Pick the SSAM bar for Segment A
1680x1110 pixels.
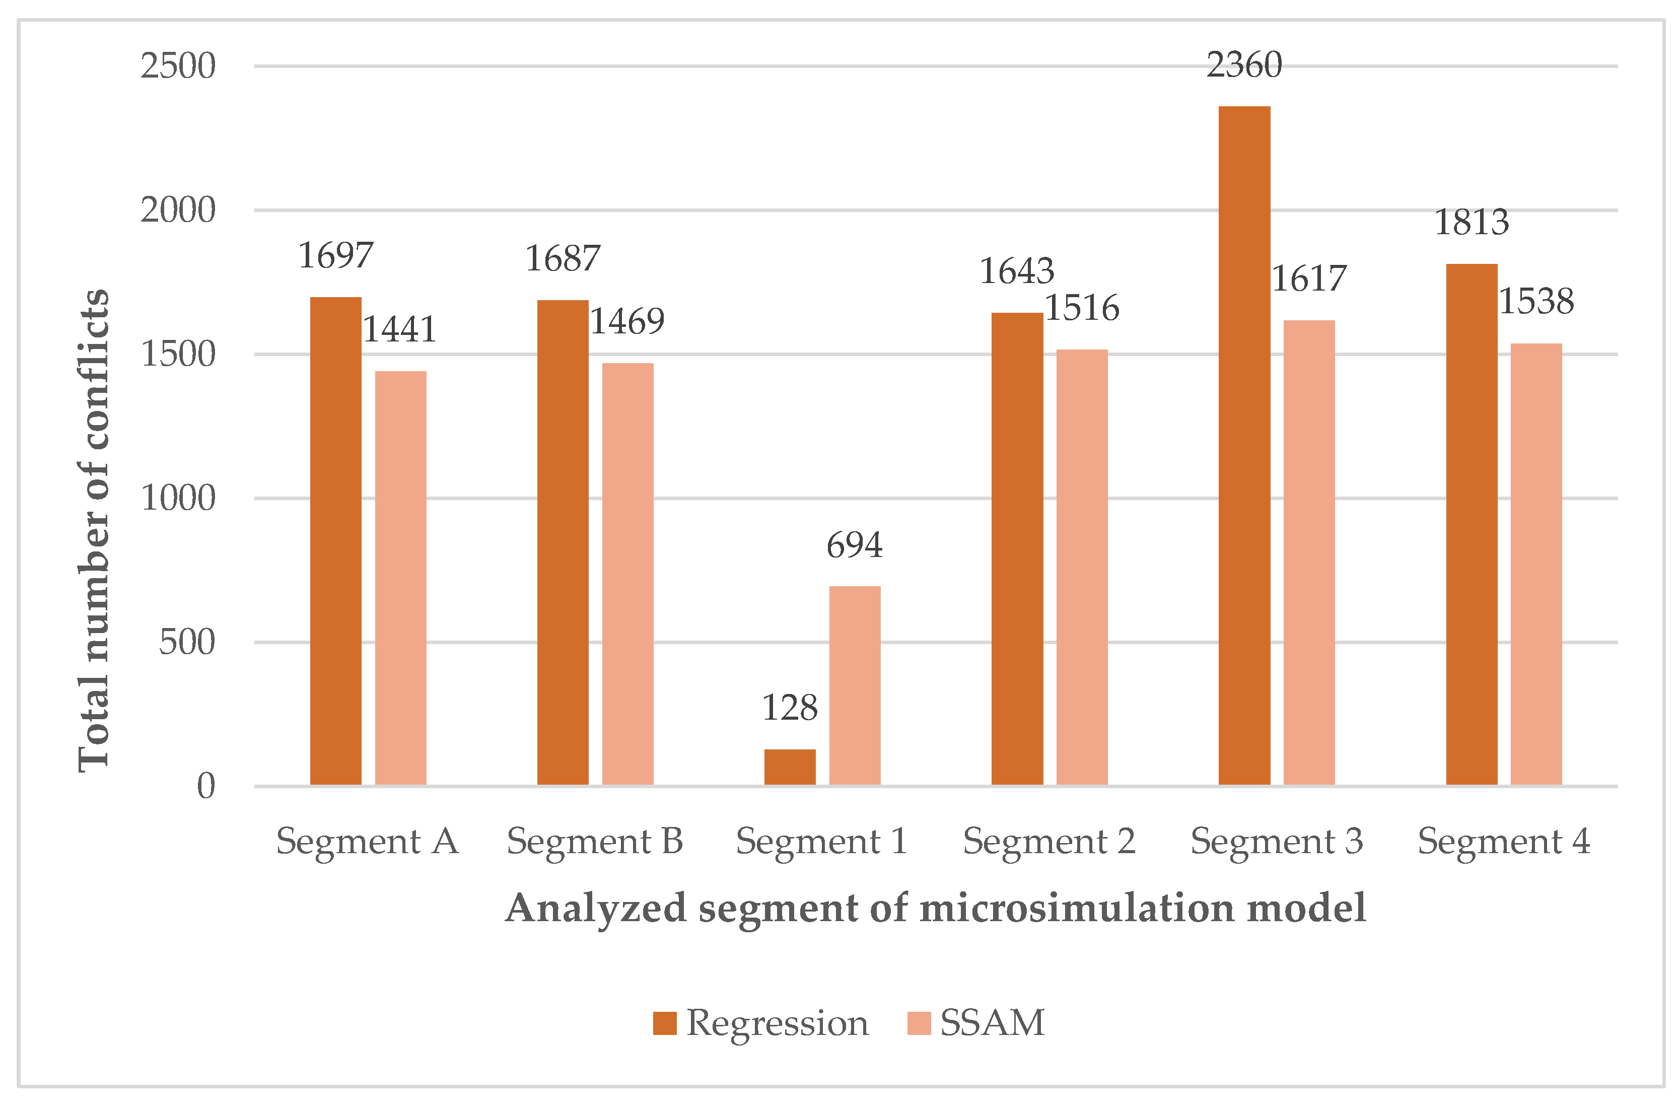[400, 577]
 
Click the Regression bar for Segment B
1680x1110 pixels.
[563, 541]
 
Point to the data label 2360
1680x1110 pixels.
[1243, 65]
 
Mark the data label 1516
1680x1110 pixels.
[1082, 308]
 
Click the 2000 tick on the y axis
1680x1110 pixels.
[178, 210]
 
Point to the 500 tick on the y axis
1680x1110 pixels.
[187, 642]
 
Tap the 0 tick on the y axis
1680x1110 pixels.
[206, 786]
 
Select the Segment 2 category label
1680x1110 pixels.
[1049, 842]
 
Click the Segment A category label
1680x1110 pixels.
[367, 842]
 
